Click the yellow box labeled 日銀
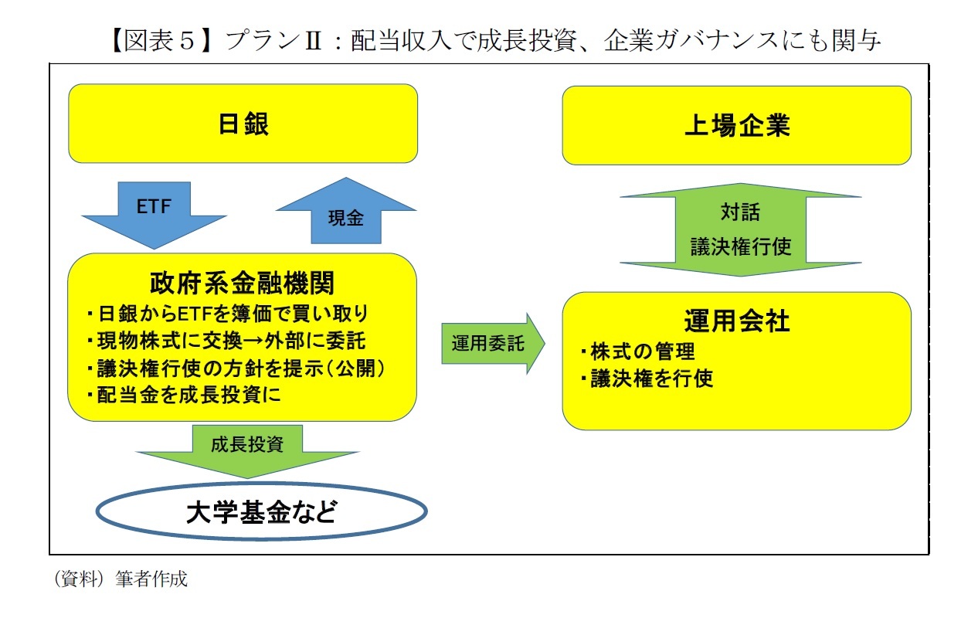tap(243, 124)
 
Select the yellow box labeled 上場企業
tap(736, 125)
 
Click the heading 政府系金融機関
tap(243, 283)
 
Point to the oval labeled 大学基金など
tap(261, 511)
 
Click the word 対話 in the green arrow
tap(740, 212)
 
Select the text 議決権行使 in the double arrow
tap(740, 247)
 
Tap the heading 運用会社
tap(736, 320)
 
